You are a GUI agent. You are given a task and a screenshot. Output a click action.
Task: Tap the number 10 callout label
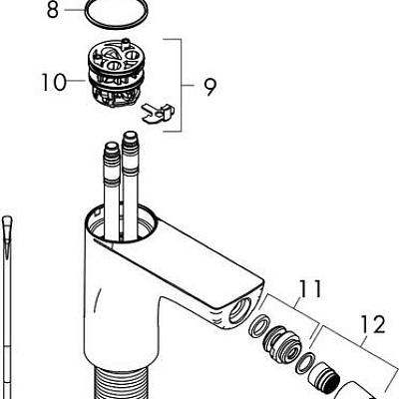[x=56, y=81]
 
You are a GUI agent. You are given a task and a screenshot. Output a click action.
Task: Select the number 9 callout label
[x=209, y=88]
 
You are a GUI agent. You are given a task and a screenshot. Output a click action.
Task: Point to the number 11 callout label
[x=311, y=290]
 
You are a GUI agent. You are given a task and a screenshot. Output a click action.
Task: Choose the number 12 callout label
[x=372, y=324]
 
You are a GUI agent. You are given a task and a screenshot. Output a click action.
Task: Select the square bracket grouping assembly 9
[x=180, y=85]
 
